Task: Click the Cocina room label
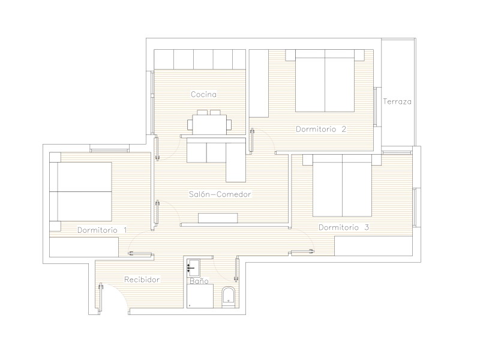203,94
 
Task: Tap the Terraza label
397,101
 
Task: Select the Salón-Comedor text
220,194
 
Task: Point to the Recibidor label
142,280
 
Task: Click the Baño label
199,281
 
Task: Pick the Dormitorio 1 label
102,230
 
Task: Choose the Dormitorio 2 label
321,129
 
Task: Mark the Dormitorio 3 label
344,227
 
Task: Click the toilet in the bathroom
228,297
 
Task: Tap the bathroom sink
193,266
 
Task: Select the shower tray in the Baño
200,296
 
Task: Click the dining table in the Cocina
209,124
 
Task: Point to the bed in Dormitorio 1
81,191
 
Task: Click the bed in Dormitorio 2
325,81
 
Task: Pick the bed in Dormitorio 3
342,185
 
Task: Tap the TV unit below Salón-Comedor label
218,218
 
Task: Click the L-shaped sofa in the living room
216,160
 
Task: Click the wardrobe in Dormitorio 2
259,83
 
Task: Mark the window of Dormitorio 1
110,151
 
